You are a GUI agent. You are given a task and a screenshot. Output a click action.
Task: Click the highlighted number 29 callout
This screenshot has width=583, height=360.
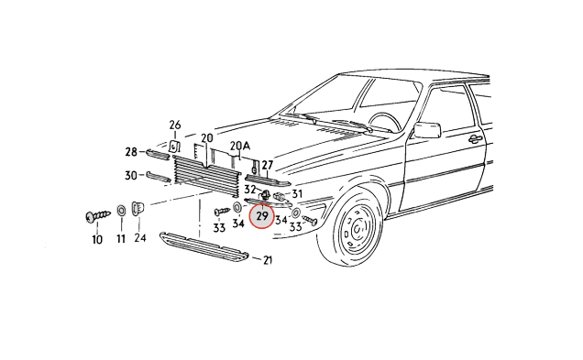262,216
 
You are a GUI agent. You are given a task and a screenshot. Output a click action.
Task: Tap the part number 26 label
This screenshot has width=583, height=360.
175,125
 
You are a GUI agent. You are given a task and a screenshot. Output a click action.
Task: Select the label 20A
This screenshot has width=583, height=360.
240,146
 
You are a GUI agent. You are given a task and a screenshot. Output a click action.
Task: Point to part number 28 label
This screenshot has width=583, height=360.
131,151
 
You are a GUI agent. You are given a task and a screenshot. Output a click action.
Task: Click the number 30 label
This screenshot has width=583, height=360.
131,175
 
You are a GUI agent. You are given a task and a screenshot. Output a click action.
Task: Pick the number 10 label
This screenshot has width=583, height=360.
97,240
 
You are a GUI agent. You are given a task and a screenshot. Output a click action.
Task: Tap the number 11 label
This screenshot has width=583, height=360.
121,238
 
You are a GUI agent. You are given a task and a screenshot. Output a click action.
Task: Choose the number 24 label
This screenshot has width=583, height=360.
140,238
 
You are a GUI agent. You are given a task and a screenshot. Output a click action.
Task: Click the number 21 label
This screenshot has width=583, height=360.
268,260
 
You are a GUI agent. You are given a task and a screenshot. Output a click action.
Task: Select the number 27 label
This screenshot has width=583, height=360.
268,165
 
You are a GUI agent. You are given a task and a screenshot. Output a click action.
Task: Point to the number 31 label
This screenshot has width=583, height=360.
297,193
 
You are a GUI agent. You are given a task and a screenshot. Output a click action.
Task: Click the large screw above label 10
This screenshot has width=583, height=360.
98,216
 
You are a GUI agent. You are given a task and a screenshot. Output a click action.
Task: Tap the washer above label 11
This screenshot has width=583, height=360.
121,211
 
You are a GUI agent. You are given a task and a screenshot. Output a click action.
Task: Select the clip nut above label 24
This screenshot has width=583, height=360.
138,208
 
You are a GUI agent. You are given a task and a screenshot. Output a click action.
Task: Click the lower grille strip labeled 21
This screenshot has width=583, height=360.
203,246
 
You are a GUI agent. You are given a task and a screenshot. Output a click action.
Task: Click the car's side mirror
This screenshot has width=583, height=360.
427,130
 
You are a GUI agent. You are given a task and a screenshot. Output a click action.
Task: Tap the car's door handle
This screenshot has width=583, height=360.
474,139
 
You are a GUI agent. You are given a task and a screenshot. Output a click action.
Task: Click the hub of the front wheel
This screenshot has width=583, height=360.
357,227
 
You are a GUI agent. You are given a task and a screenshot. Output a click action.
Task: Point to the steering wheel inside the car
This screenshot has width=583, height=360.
384,121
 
